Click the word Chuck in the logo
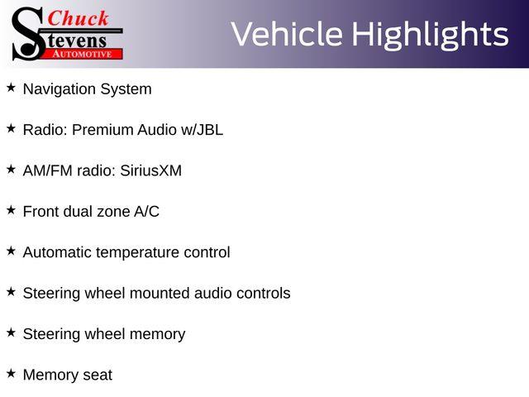[78, 18]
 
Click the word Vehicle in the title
[287, 34]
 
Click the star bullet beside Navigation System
[11, 88]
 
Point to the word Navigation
[60, 90]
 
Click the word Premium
[102, 130]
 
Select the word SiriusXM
[150, 170]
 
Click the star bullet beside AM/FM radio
[11, 169]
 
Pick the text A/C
[146, 212]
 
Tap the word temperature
[137, 253]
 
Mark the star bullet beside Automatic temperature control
[11, 251]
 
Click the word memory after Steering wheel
[158, 334]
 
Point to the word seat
[98, 375]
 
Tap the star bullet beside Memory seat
[11, 373]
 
